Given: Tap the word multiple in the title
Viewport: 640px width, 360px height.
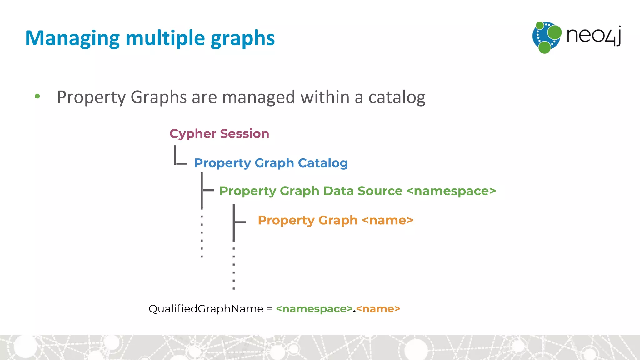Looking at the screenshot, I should pyautogui.click(x=165, y=38).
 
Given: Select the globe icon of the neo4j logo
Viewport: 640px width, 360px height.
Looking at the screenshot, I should pyautogui.click(x=547, y=37).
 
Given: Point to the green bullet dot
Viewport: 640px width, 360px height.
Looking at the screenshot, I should pyautogui.click(x=37, y=96).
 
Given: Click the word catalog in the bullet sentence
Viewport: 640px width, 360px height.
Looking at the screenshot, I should pyautogui.click(x=397, y=97).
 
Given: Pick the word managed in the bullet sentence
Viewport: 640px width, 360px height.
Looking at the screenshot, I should pyautogui.click(x=258, y=97).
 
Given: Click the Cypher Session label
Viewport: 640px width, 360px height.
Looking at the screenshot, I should pyautogui.click(x=219, y=134).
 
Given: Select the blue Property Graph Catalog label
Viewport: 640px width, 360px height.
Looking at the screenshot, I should pyautogui.click(x=271, y=163).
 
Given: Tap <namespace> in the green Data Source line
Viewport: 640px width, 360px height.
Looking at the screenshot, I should pyautogui.click(x=451, y=191).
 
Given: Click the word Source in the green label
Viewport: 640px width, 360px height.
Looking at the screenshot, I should pyautogui.click(x=380, y=191).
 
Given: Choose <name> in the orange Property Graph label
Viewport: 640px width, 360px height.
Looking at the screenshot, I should pyautogui.click(x=387, y=220).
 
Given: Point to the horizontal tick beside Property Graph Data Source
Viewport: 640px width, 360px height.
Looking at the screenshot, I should pyautogui.click(x=208, y=190).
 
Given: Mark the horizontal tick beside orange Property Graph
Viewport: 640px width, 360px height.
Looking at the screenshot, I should pyautogui.click(x=240, y=222).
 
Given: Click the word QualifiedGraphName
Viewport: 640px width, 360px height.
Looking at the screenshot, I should pyautogui.click(x=206, y=309).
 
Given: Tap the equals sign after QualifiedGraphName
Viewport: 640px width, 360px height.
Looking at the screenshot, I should pyautogui.click(x=270, y=309).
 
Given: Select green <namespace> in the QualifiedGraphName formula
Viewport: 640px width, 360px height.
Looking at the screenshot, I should pyautogui.click(x=314, y=309).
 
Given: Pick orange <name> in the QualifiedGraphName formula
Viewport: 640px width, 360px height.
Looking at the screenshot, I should pyautogui.click(x=378, y=309).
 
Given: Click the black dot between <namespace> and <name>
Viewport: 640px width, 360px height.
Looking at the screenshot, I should pyautogui.click(x=354, y=311).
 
